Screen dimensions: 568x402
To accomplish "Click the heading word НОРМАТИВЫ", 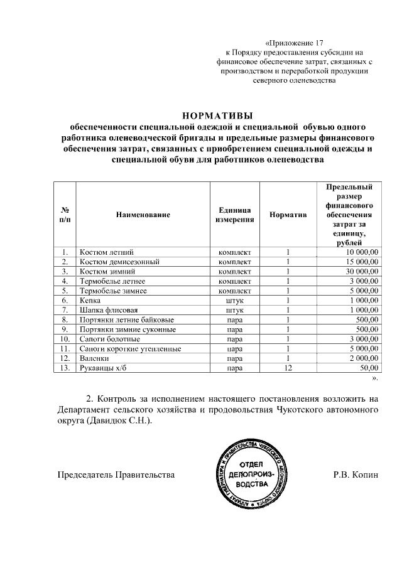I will click(x=216, y=115).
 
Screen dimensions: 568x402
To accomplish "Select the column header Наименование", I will click(x=143, y=215).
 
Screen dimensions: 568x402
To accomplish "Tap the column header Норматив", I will click(x=288, y=215).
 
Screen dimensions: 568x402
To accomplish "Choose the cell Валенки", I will click(x=94, y=358).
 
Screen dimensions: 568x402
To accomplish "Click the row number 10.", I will click(x=64, y=339).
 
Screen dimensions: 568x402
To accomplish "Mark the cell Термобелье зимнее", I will click(x=112, y=291).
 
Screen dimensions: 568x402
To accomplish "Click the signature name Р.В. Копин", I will click(x=356, y=474).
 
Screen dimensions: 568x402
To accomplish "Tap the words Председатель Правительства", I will click(x=116, y=474).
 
